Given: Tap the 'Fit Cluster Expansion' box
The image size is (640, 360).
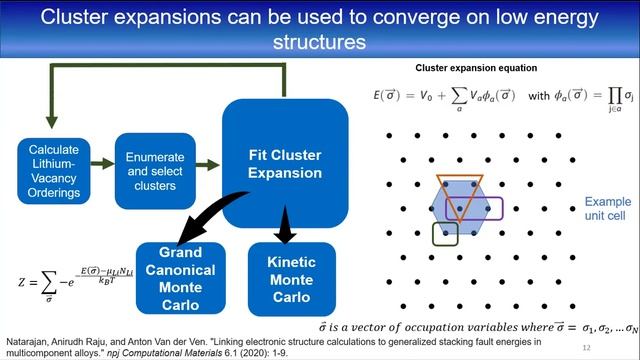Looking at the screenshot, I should [x=284, y=164].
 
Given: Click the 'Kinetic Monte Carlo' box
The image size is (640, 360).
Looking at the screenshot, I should [x=291, y=277].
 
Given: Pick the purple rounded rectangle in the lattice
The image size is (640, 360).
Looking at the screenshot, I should [x=486, y=208].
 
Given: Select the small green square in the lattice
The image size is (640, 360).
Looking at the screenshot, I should [x=445, y=234].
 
